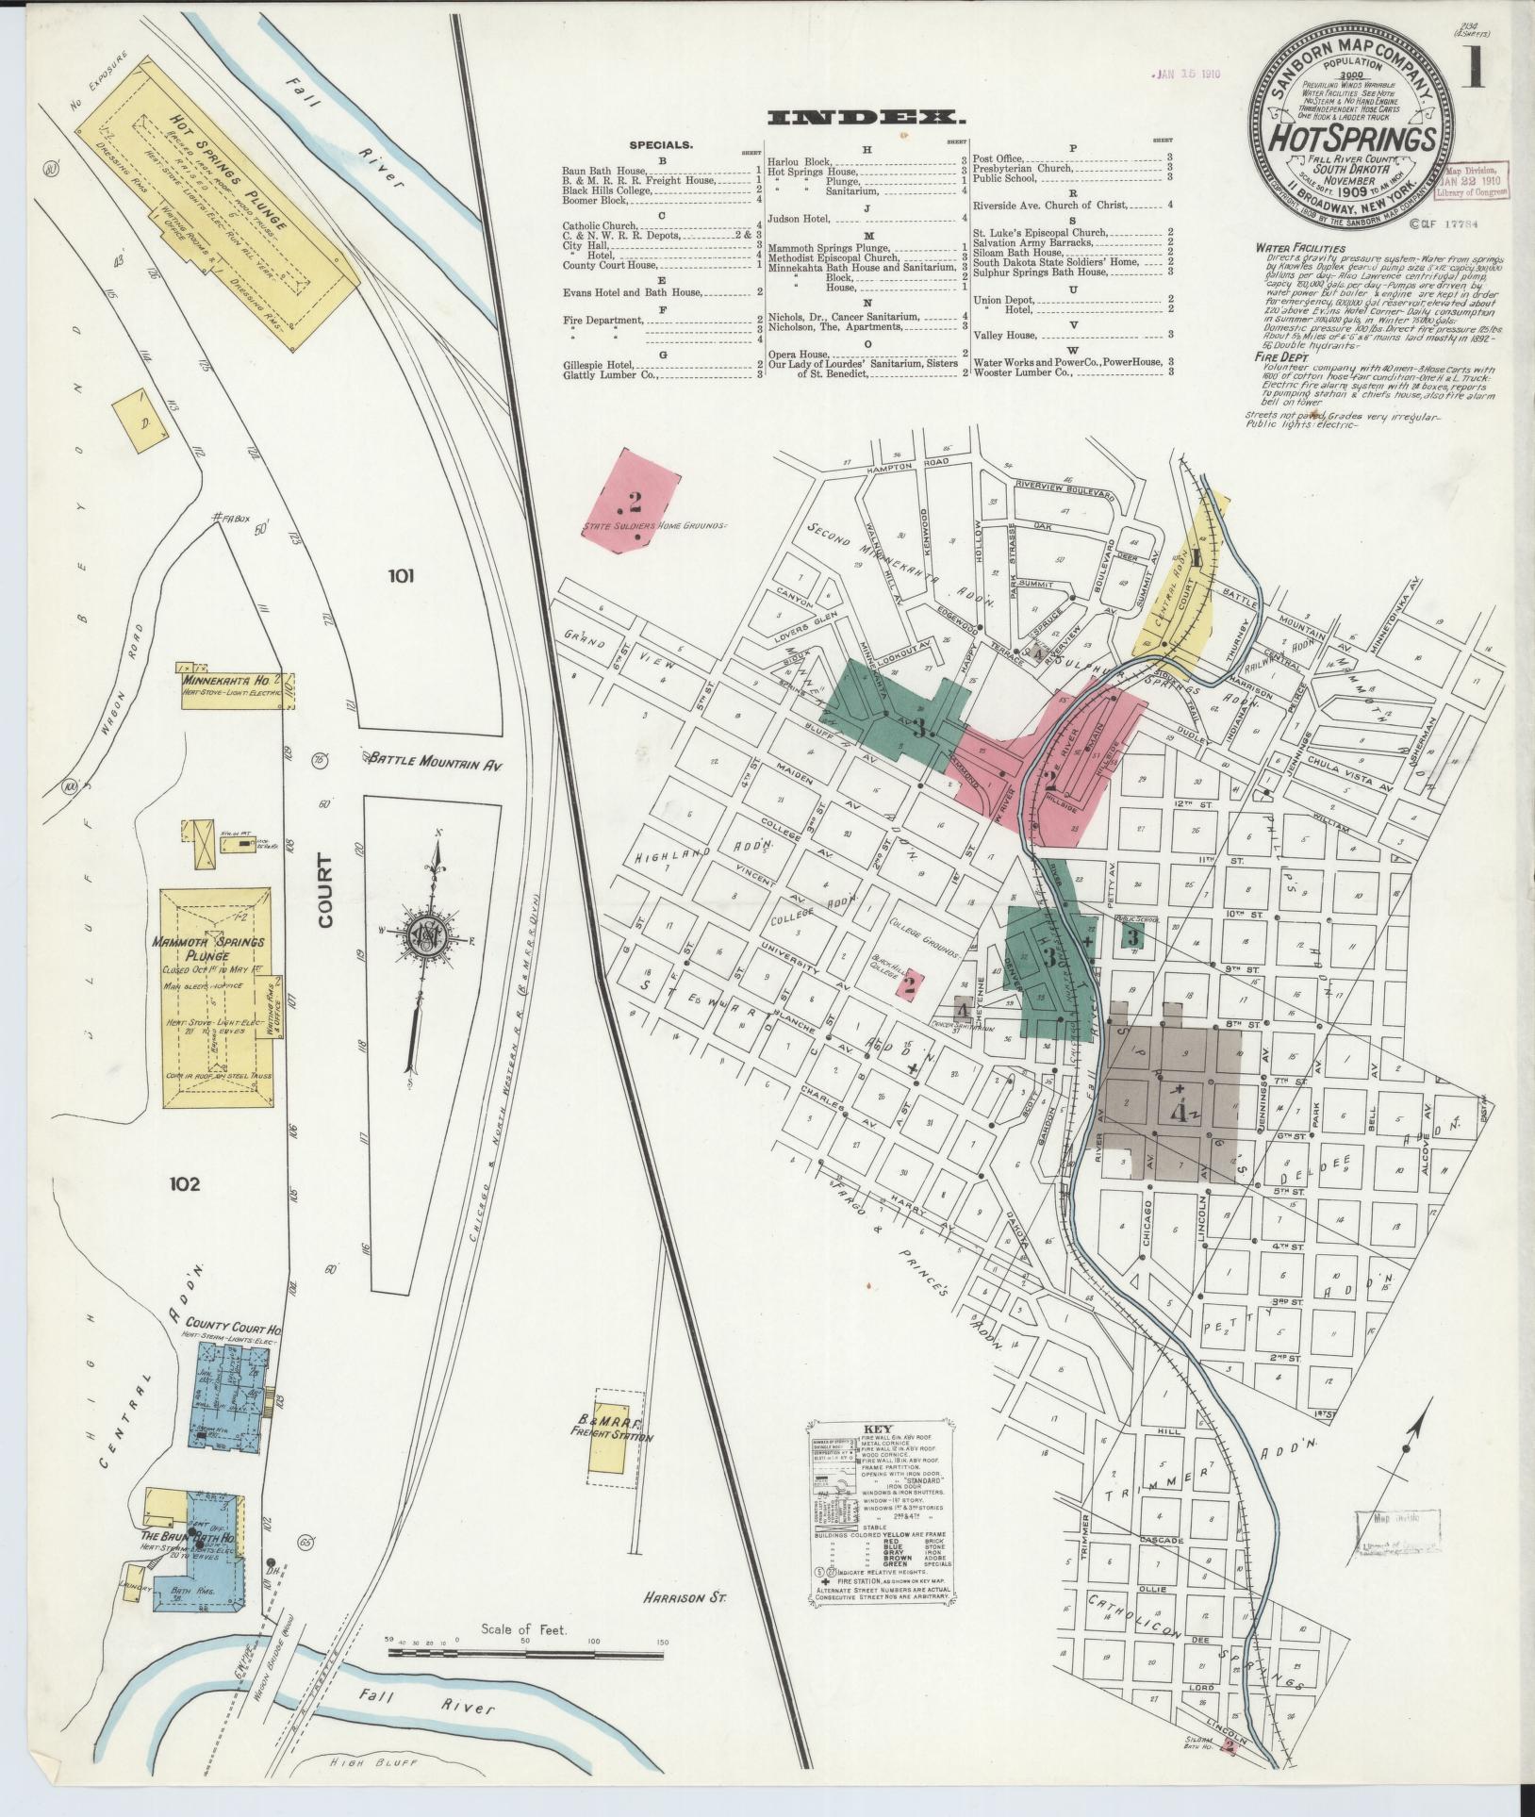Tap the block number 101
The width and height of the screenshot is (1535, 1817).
(x=399, y=575)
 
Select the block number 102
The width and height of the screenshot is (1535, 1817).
(x=185, y=1184)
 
